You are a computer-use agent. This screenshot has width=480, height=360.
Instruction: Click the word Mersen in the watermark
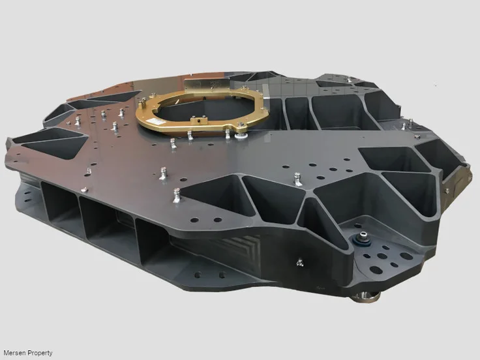click(14, 353)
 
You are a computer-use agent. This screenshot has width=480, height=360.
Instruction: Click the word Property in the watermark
click(40, 353)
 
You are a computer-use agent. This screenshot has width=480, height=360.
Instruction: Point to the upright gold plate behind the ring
click(207, 85)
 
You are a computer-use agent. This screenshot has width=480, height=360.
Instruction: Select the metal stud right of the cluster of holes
click(298, 177)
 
